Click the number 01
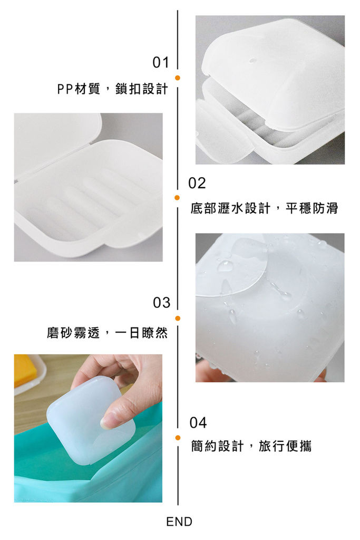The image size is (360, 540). coord(161,63)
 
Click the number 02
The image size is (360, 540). coord(197,183)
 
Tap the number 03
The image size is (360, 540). coord(162,302)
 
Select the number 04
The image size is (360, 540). coord(198,422)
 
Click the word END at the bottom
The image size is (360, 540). coord(179,522)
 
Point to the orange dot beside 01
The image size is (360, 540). coord(178,78)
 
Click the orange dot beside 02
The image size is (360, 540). coord(177,198)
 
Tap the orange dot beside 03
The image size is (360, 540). coord(178,318)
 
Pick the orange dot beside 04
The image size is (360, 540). coord(178,438)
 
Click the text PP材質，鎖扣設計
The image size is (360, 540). coord(113,89)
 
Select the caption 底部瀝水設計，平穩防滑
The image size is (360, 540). coord(264,208)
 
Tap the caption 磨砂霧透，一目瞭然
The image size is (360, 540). coord(108,333)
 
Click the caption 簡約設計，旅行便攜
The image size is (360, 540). coord(251,446)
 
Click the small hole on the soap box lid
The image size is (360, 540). coord(252,61)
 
